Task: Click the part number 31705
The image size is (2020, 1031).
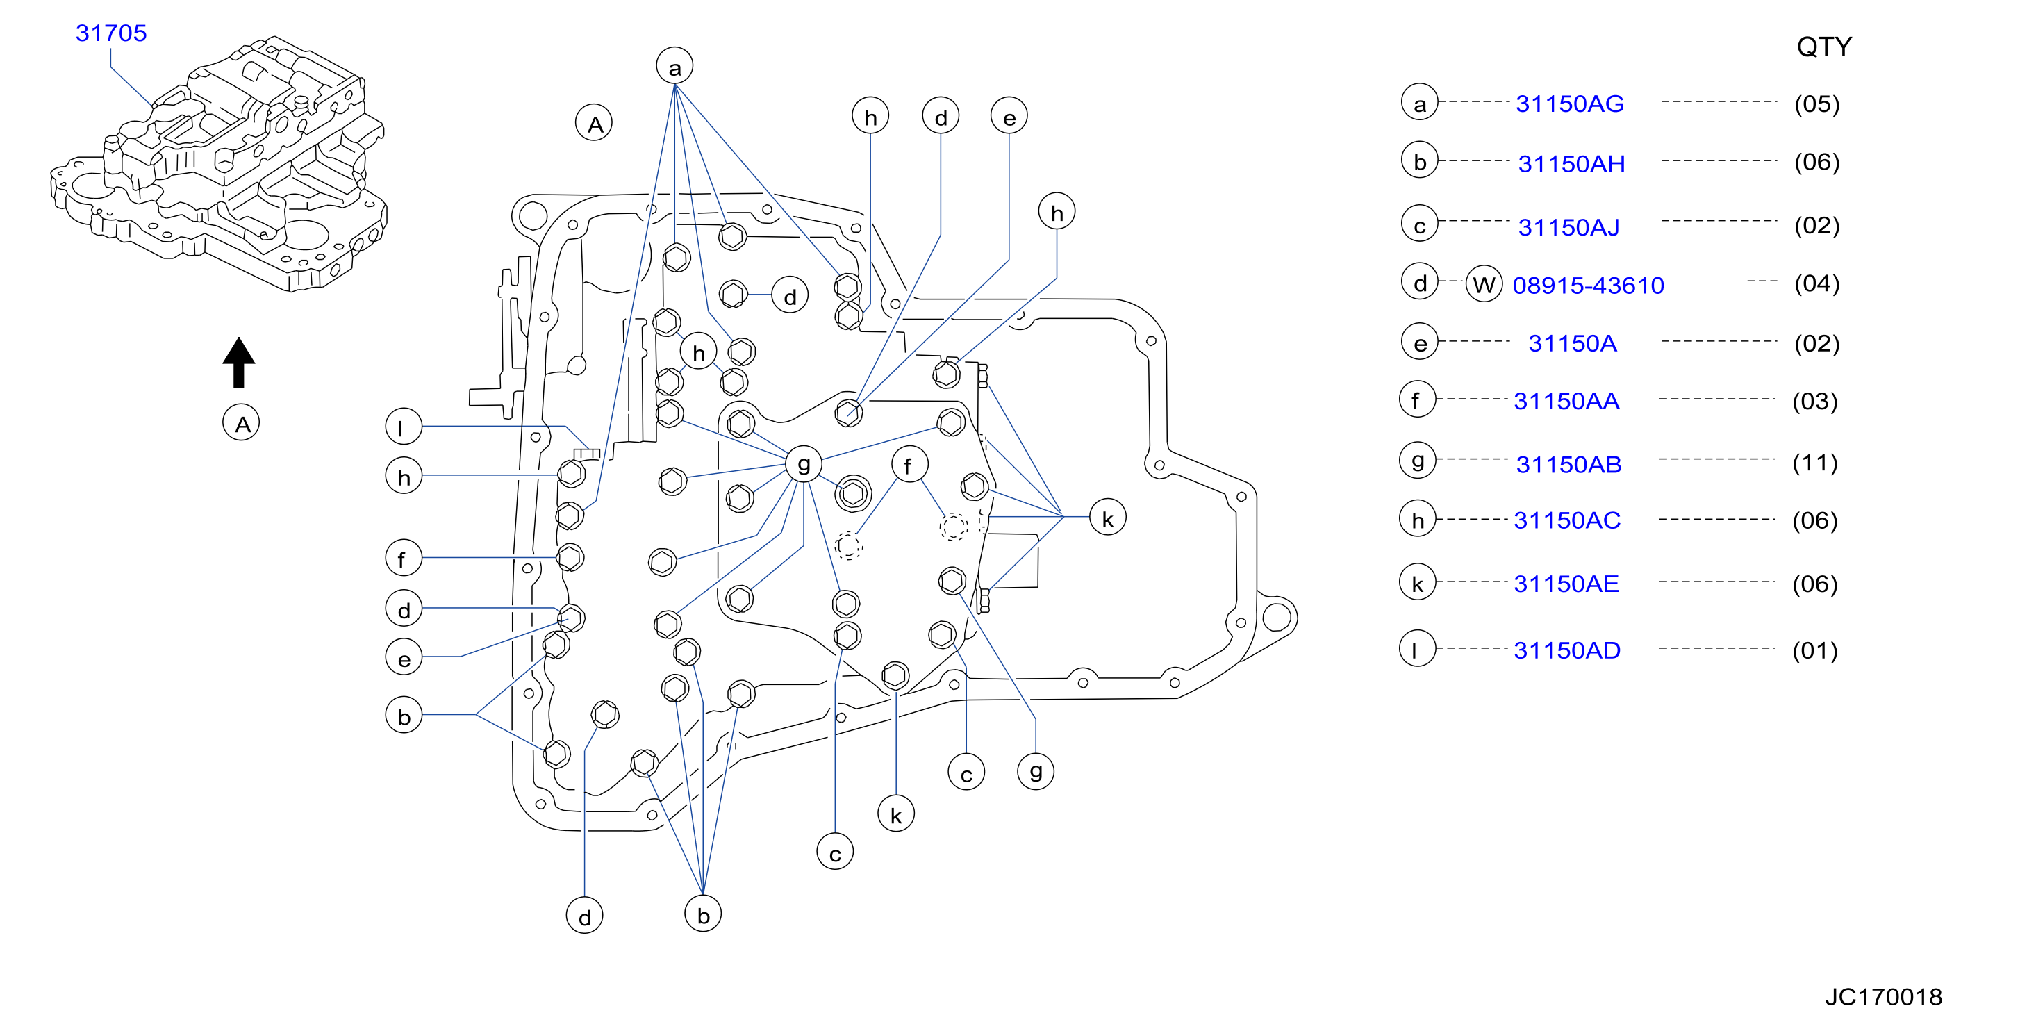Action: [110, 33]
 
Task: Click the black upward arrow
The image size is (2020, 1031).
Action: [238, 362]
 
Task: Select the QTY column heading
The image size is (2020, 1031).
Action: [1824, 47]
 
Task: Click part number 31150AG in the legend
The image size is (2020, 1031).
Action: [1570, 104]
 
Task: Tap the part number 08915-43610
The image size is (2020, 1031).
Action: [1588, 286]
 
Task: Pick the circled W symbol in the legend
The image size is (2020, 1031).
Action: [1484, 284]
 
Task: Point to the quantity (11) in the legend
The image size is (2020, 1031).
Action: [1814, 463]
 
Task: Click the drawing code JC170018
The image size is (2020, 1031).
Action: [1884, 996]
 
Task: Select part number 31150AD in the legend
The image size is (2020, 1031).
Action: [1567, 650]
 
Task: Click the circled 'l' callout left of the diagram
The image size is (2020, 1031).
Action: [404, 427]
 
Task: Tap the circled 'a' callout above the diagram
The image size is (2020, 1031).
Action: [674, 67]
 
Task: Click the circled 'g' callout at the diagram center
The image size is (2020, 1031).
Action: [804, 464]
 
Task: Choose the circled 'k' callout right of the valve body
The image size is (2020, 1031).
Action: [1107, 518]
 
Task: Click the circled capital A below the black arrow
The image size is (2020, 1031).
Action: [242, 423]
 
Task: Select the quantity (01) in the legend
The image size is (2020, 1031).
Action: [1814, 651]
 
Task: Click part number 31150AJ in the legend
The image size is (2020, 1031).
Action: [1568, 227]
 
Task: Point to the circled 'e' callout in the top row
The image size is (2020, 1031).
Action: [1009, 117]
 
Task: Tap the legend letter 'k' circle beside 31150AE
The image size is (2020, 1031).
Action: [1418, 584]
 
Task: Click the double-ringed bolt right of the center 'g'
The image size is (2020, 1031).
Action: [852, 493]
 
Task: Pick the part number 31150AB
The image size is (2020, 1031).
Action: [1568, 464]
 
